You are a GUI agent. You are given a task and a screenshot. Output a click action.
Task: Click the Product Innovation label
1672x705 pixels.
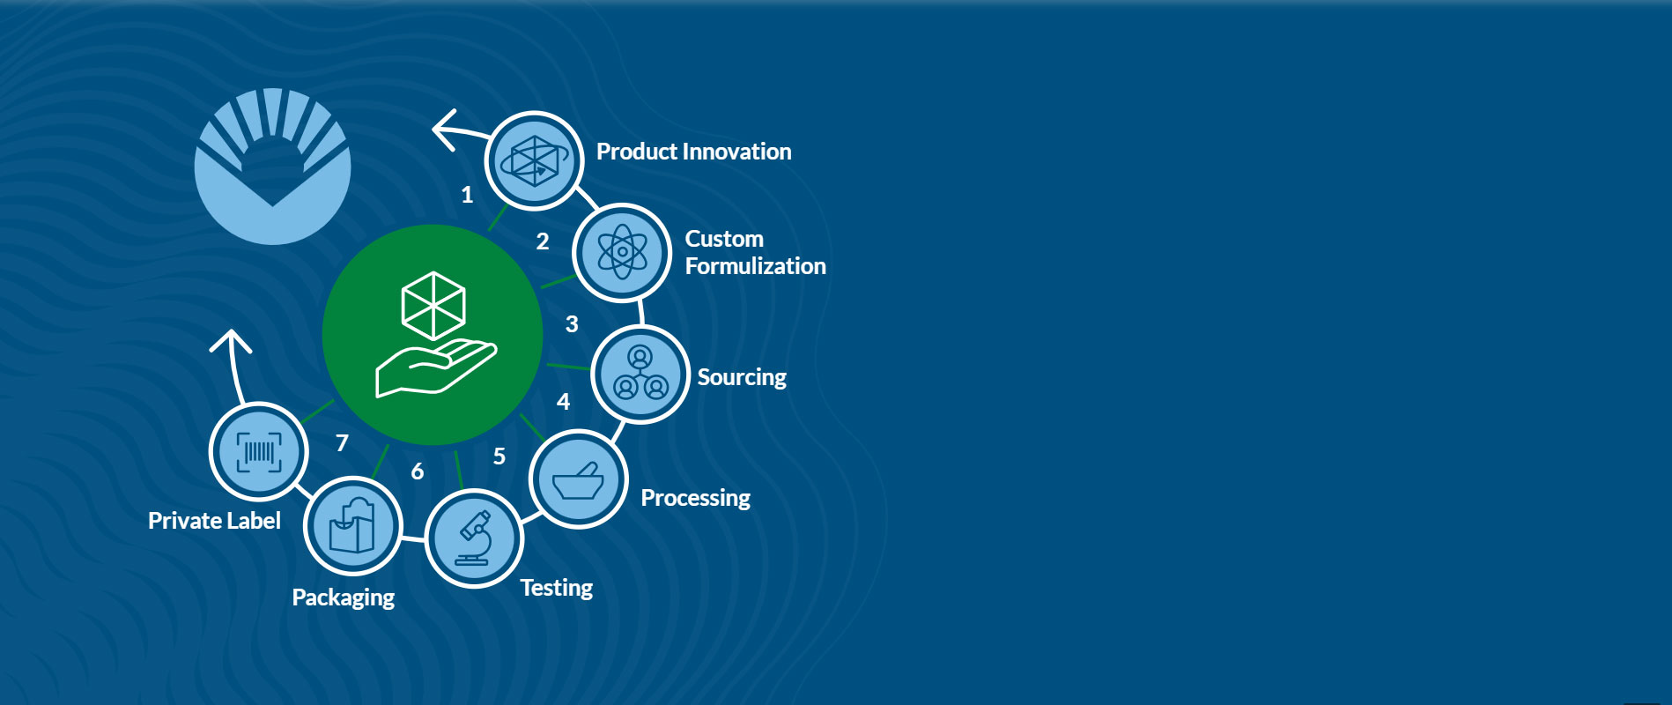694,152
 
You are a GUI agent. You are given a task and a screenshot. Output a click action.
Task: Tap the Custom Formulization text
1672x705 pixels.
756,252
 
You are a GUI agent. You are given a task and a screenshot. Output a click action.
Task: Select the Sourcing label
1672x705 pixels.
742,377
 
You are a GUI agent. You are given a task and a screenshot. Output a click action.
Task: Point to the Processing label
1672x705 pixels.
695,498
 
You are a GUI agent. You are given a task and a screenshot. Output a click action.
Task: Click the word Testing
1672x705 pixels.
556,588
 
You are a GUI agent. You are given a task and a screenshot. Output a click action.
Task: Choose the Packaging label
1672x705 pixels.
343,597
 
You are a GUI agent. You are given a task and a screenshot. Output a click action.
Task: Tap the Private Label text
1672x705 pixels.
214,521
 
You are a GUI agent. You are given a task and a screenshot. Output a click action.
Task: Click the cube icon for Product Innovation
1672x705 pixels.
534,161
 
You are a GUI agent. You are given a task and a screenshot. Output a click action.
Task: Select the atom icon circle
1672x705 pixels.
622,253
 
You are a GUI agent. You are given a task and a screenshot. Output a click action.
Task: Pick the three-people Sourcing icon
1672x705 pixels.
640,375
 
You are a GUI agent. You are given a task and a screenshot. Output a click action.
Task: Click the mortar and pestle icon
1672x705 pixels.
578,479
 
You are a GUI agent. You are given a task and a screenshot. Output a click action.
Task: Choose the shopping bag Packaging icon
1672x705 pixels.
352,526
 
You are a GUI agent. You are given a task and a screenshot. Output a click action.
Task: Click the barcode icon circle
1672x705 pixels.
259,451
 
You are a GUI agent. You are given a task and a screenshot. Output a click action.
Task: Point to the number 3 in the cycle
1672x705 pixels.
572,324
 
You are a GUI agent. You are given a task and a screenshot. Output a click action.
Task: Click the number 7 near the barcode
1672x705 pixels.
342,442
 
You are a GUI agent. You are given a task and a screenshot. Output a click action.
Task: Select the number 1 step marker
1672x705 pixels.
467,195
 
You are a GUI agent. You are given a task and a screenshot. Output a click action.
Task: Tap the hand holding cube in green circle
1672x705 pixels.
433,335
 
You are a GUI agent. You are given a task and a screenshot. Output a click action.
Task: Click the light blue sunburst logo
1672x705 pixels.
273,166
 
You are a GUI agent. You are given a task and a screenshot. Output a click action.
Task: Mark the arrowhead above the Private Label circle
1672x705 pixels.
231,339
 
